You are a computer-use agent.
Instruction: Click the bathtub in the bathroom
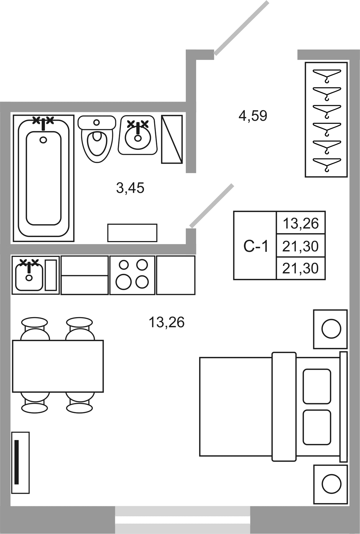(44, 178)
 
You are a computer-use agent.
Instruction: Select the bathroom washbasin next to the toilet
(138, 136)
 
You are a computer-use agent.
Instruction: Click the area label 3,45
(130, 188)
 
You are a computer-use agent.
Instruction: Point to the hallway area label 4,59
(253, 116)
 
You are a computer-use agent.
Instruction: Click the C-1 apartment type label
(256, 246)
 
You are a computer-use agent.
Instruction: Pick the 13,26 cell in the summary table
(301, 223)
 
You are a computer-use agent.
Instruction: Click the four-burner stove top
(132, 275)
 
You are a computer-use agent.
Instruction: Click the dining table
(58, 366)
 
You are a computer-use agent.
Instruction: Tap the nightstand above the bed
(330, 329)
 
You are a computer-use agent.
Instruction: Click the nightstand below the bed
(330, 484)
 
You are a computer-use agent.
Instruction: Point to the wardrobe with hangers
(326, 120)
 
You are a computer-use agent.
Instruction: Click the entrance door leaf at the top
(242, 28)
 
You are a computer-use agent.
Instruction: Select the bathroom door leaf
(212, 206)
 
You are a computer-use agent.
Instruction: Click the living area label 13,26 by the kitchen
(166, 322)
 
